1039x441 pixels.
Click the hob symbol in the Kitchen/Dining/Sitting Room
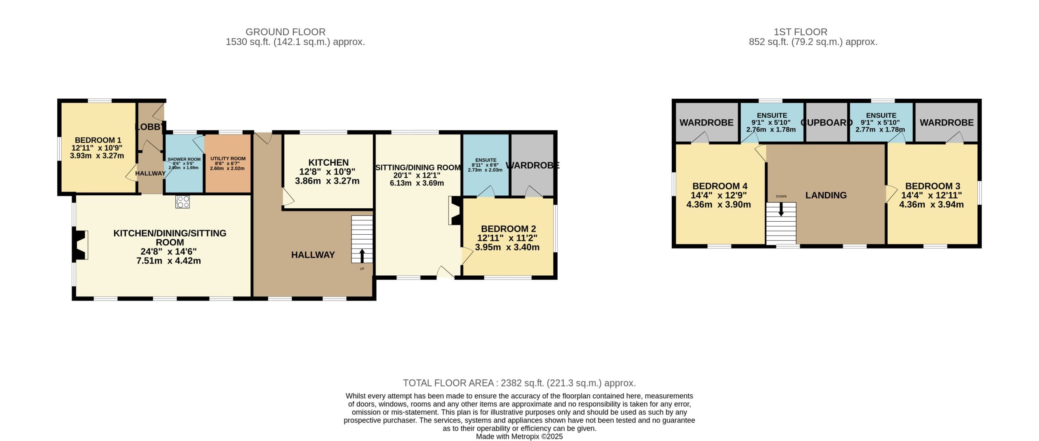(182, 202)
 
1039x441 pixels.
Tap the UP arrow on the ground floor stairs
(362, 256)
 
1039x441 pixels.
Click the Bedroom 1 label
(98, 140)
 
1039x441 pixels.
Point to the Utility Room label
(228, 159)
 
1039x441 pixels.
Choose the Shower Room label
(184, 159)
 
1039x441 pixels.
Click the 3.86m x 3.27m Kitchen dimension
(327, 181)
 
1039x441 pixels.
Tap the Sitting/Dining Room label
(418, 167)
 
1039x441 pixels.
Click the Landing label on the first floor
(826, 195)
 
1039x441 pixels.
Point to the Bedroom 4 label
(720, 186)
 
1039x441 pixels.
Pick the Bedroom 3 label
(933, 186)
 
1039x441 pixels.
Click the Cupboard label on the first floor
(826, 123)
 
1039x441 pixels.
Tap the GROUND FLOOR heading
(285, 32)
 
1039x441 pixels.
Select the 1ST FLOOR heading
(800, 32)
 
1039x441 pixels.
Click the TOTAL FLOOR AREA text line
(519, 383)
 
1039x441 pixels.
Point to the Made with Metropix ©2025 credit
(519, 437)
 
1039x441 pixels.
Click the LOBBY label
(150, 127)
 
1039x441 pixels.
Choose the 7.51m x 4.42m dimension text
(168, 261)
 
